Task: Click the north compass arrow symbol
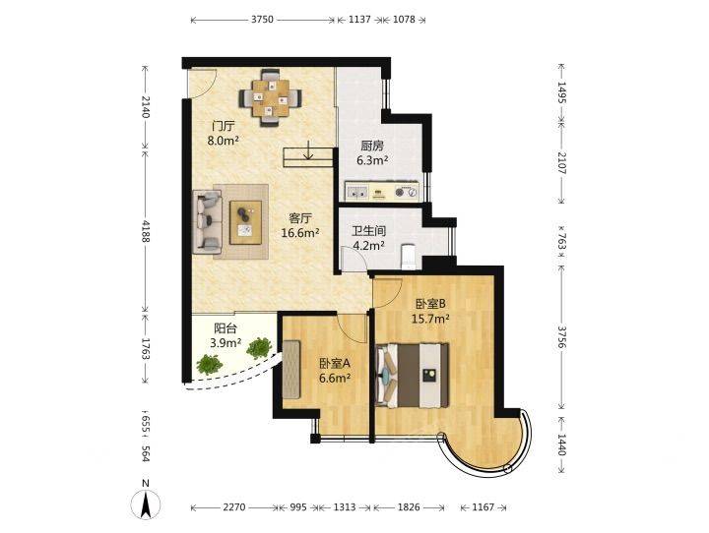(145, 504)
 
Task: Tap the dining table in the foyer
(271, 98)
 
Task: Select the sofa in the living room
(208, 222)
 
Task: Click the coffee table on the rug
(245, 222)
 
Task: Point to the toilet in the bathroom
(409, 256)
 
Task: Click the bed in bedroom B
(412, 376)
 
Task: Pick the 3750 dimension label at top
(262, 20)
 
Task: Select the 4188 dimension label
(146, 230)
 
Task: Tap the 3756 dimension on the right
(561, 337)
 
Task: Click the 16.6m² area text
(300, 233)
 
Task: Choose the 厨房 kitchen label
(372, 146)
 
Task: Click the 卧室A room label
(335, 363)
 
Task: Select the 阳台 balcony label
(226, 328)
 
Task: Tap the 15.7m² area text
(430, 319)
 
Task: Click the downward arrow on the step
(308, 149)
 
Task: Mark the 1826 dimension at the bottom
(409, 507)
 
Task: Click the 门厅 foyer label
(224, 126)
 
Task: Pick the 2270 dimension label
(234, 507)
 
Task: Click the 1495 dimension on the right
(561, 92)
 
